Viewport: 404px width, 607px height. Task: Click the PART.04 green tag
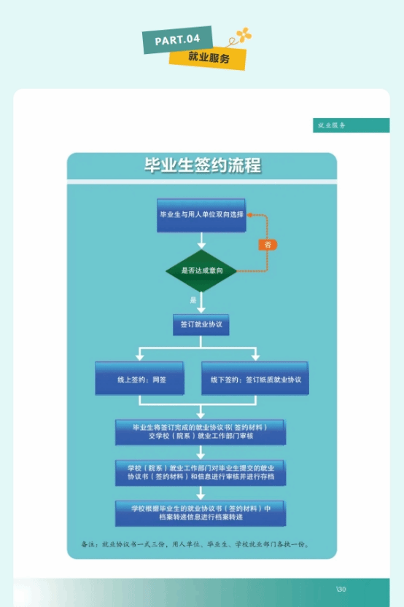click(x=177, y=39)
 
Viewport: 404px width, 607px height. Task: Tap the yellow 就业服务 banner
click(x=208, y=58)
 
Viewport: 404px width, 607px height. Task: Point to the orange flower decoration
click(x=244, y=34)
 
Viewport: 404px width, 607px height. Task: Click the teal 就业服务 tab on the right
click(x=351, y=125)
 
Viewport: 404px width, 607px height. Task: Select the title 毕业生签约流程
click(x=202, y=165)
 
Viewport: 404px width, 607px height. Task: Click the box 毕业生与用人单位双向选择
click(x=201, y=215)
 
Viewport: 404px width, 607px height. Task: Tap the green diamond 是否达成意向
click(x=201, y=270)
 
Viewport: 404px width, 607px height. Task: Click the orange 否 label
click(x=268, y=245)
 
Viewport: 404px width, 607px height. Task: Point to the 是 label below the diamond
click(x=193, y=300)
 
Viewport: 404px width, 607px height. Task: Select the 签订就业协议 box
click(x=201, y=325)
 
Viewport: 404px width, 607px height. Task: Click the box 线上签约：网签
click(x=140, y=379)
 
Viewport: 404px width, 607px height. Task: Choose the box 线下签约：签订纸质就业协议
click(x=255, y=379)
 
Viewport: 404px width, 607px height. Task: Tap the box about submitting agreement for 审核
click(x=201, y=432)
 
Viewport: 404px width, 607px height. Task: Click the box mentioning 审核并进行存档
click(x=201, y=473)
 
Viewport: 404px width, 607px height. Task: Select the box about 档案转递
click(x=201, y=513)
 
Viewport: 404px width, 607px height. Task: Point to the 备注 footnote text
click(x=195, y=544)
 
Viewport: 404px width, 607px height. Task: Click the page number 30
click(x=341, y=590)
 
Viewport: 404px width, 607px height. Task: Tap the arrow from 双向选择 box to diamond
click(x=201, y=240)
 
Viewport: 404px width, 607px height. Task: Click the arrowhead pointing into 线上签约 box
click(x=139, y=356)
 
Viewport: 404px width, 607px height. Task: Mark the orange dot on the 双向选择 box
click(x=250, y=215)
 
